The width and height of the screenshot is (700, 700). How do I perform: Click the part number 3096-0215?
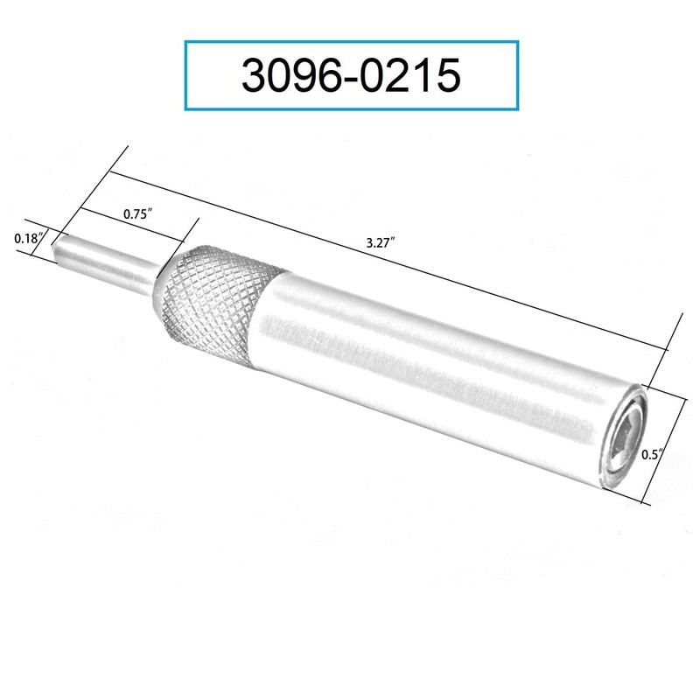point(350,76)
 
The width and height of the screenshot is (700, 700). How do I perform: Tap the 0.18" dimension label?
point(28,237)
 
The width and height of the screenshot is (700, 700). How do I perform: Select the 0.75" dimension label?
point(134,213)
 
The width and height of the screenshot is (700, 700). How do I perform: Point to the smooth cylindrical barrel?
point(437,376)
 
